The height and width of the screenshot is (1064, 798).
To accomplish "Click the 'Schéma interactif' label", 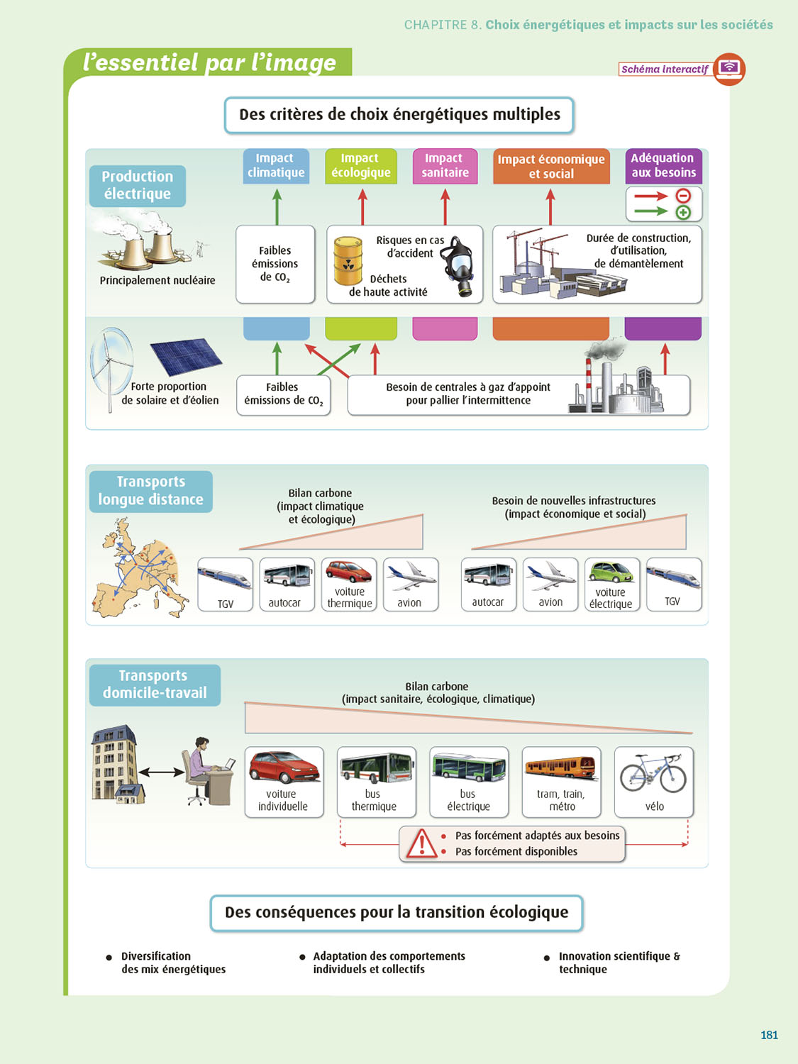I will [x=665, y=70].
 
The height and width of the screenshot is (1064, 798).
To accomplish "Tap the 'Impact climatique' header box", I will [x=276, y=166].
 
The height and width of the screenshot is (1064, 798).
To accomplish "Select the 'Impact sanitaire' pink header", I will [x=445, y=166].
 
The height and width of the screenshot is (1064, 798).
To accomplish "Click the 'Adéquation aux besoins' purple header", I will [x=663, y=166].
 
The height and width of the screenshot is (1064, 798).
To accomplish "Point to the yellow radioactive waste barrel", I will [x=348, y=261].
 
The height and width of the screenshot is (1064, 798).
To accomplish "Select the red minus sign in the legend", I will [x=683, y=196].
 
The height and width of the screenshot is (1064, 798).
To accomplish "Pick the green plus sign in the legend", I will [x=683, y=212].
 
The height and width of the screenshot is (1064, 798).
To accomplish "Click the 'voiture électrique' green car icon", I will [x=611, y=572].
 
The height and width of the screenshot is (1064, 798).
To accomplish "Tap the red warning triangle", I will [x=422, y=843].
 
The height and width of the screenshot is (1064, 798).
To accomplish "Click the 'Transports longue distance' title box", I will [x=151, y=491].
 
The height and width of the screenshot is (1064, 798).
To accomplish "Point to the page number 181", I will [x=769, y=1035].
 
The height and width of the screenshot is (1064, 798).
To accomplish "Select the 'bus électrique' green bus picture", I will [x=469, y=767].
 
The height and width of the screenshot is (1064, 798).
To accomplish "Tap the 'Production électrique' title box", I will [x=138, y=186].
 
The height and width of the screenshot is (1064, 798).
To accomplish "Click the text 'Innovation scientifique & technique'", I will [x=619, y=963].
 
